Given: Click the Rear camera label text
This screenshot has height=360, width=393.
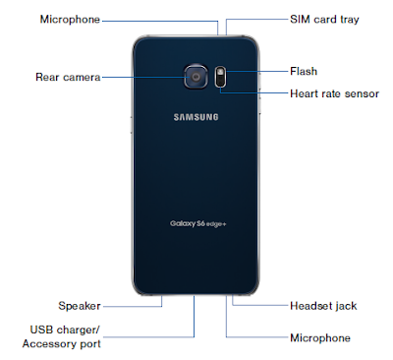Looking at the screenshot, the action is pos(68,77).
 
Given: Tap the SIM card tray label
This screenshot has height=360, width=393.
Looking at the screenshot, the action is pos(324,20).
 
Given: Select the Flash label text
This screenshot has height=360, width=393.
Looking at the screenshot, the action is pos(304,71).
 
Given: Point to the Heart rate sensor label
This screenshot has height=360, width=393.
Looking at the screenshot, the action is pos(334,93).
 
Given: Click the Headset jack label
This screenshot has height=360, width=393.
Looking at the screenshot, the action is pos(323,306).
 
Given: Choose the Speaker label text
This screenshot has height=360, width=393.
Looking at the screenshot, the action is pos(80,306).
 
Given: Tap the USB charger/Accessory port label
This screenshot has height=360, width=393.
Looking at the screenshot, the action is pos(62,336).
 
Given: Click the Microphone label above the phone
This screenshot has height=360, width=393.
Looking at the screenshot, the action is pos(70,20).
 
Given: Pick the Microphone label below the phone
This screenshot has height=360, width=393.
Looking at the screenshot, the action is pos(320,338).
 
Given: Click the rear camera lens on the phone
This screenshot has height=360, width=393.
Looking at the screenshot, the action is pos(196,77).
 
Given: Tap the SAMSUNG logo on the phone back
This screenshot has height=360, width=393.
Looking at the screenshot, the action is pos(196,117).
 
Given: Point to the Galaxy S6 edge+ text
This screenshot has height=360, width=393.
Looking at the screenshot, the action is pos(198,224).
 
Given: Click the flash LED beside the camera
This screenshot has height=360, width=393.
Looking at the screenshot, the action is pos(221,72).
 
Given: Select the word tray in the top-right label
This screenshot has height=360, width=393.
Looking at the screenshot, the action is pos(350,20).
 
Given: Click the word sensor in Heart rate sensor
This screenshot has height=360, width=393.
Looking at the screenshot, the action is pos(362,94).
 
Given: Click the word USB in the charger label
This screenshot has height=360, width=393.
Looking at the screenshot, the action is pos(40,330).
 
